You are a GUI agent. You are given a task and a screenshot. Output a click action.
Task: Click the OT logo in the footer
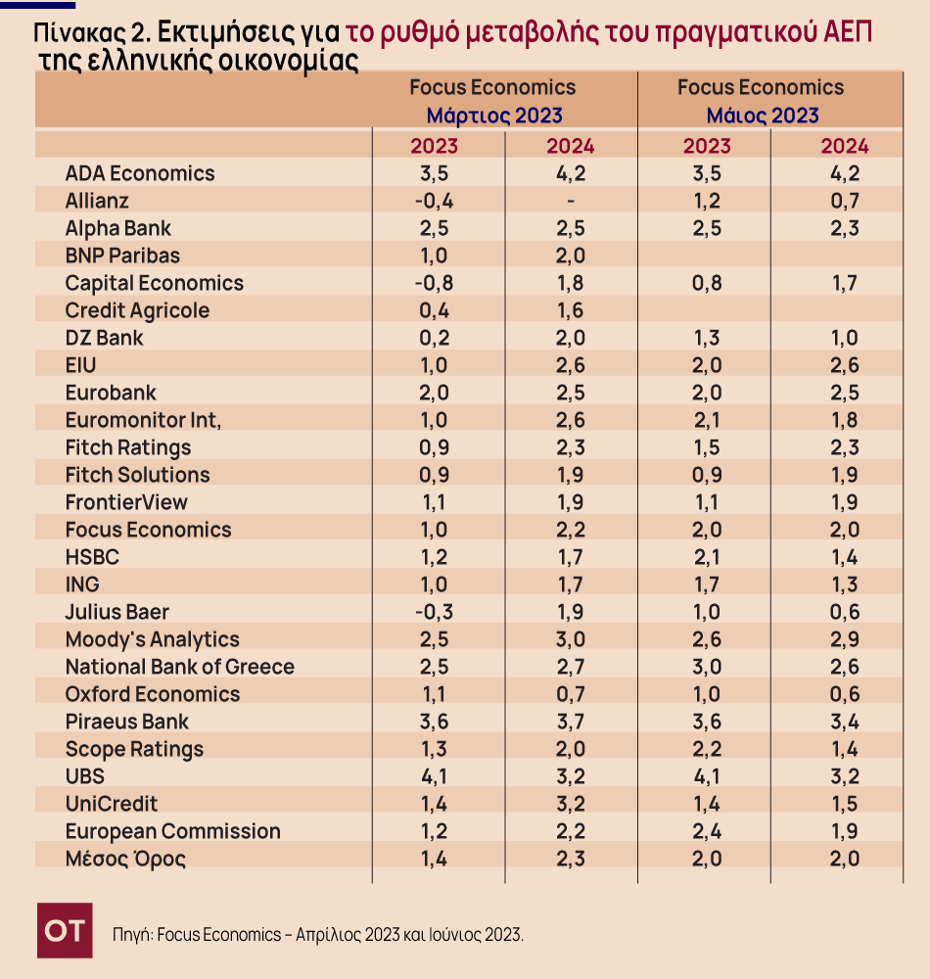tap(65, 930)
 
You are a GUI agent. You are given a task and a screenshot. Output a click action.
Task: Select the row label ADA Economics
tap(139, 173)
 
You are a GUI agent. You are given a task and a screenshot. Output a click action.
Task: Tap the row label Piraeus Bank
tap(127, 722)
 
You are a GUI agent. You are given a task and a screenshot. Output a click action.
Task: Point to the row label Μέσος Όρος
tap(125, 860)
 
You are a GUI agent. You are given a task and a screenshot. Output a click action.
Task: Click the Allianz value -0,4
tap(433, 202)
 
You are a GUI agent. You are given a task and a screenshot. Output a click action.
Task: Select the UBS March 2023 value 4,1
tap(434, 776)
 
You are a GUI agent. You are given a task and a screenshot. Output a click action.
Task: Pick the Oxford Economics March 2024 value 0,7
tap(570, 694)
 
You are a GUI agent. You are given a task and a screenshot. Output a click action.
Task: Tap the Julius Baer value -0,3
tap(433, 612)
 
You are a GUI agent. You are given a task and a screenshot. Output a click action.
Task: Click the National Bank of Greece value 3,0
tap(707, 667)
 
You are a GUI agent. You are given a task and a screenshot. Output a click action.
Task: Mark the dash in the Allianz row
tap(570, 202)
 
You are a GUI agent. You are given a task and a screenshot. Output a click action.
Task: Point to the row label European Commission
tap(172, 831)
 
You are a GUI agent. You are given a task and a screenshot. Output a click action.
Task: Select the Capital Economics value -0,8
tap(433, 283)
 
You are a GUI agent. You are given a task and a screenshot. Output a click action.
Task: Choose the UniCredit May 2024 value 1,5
tap(844, 804)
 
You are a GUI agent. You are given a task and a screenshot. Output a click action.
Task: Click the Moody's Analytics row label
tap(152, 639)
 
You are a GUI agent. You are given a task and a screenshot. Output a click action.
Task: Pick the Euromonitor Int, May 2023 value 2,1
tap(707, 420)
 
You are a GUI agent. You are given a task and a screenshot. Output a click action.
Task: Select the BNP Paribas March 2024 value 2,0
tap(570, 256)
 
